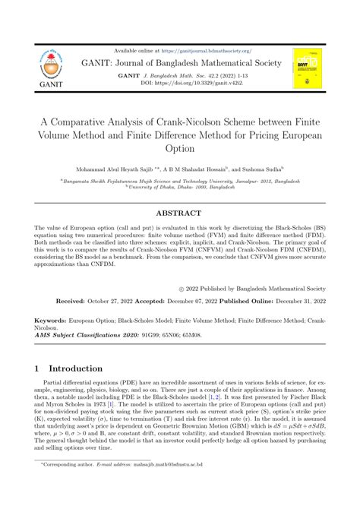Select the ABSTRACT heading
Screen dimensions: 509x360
pyautogui.click(x=180, y=213)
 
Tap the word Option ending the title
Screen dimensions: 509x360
pyautogui.click(x=180, y=148)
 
